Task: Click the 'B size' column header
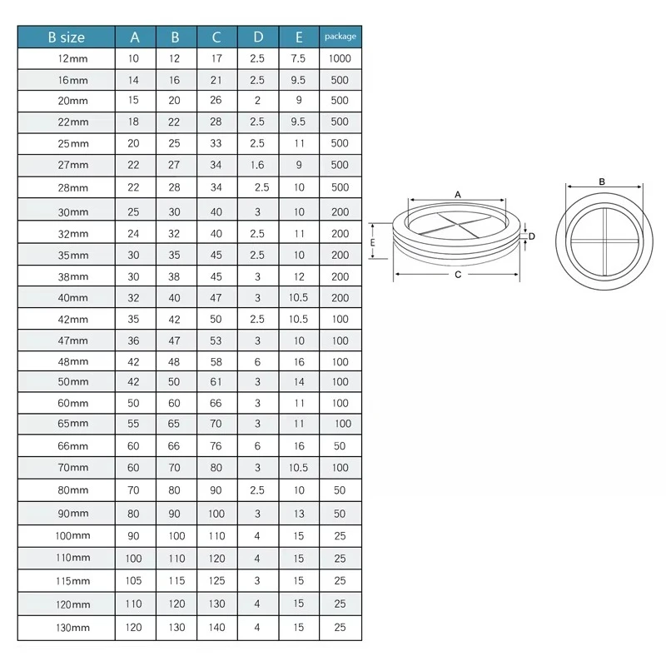pyautogui.click(x=67, y=37)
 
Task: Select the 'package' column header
pyautogui.click(x=340, y=37)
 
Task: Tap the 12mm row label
pyautogui.click(x=72, y=58)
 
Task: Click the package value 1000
pyautogui.click(x=340, y=58)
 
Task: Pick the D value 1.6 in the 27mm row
pyautogui.click(x=257, y=165)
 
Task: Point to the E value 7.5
pyautogui.click(x=298, y=58)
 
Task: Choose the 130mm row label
pyautogui.click(x=72, y=628)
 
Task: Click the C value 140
pyautogui.click(x=216, y=628)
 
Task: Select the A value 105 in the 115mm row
pyautogui.click(x=133, y=580)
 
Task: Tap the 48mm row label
pyautogui.click(x=72, y=362)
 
